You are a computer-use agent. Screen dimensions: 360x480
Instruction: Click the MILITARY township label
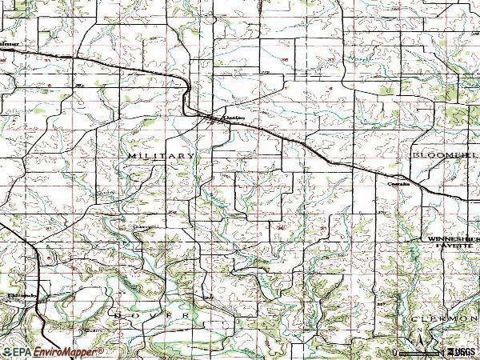[x=161, y=154]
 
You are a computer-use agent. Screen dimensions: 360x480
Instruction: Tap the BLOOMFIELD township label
[x=445, y=153]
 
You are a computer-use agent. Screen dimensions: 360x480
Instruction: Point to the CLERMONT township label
[x=444, y=318]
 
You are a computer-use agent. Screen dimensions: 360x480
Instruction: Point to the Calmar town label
[x=9, y=45]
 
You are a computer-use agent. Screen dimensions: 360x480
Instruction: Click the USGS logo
[x=459, y=351]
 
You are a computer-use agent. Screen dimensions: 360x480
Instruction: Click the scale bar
[x=418, y=354]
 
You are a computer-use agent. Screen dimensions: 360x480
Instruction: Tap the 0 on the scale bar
[x=394, y=352]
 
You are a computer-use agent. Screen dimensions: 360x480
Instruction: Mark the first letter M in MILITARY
[x=130, y=154]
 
